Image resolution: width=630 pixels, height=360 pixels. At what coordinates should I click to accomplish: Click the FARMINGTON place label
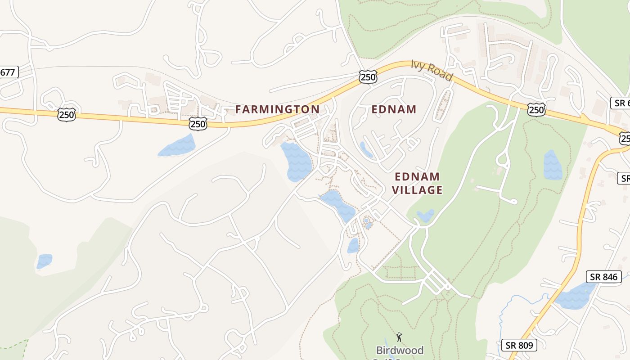click(277, 109)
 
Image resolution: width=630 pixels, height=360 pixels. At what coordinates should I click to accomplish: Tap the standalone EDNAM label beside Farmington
click(394, 109)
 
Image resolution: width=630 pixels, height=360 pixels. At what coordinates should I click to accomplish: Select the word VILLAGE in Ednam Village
click(417, 190)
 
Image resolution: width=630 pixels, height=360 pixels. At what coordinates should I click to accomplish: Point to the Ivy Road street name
click(431, 70)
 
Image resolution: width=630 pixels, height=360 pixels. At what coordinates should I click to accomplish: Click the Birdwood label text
click(400, 350)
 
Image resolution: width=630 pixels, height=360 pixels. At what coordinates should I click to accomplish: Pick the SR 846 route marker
click(603, 277)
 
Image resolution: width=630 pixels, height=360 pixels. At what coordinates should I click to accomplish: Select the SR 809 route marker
click(519, 346)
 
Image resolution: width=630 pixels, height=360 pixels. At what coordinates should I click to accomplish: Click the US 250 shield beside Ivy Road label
click(368, 77)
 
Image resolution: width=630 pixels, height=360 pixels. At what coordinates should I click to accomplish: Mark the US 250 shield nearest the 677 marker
click(66, 115)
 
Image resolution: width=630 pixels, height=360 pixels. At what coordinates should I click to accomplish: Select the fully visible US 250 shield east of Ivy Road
click(537, 109)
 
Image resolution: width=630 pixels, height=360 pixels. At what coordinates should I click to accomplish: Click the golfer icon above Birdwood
click(399, 337)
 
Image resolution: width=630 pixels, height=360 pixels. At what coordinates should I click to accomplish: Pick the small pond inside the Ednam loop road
click(366, 149)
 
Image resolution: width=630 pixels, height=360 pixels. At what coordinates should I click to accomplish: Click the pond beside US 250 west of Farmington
click(178, 146)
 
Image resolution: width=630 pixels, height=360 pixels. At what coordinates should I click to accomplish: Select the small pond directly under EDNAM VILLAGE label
click(426, 216)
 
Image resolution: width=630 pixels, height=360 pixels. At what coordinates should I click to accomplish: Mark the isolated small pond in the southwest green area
click(44, 261)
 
